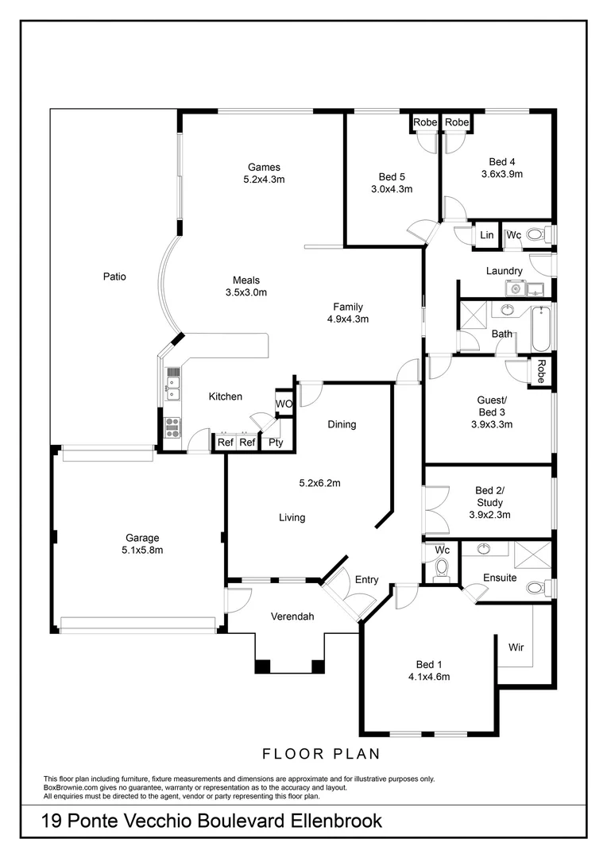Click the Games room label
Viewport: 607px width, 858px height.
(264, 167)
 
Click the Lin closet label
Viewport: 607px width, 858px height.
(486, 236)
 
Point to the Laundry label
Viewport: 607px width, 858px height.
(504, 271)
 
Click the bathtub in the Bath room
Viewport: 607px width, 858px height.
(541, 327)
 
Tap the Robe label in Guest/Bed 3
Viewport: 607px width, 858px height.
(540, 372)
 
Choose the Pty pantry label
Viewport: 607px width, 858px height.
(275, 443)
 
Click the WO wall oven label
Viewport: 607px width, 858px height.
(284, 404)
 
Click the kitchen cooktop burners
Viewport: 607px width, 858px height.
(172, 427)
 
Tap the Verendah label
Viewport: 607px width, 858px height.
(292, 616)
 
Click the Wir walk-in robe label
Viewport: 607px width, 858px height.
(516, 648)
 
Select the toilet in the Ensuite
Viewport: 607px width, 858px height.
(537, 588)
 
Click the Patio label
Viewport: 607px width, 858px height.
(114, 277)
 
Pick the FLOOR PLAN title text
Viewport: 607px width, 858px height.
(321, 753)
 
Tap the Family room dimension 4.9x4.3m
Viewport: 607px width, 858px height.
(348, 319)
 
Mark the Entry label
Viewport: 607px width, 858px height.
(366, 580)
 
